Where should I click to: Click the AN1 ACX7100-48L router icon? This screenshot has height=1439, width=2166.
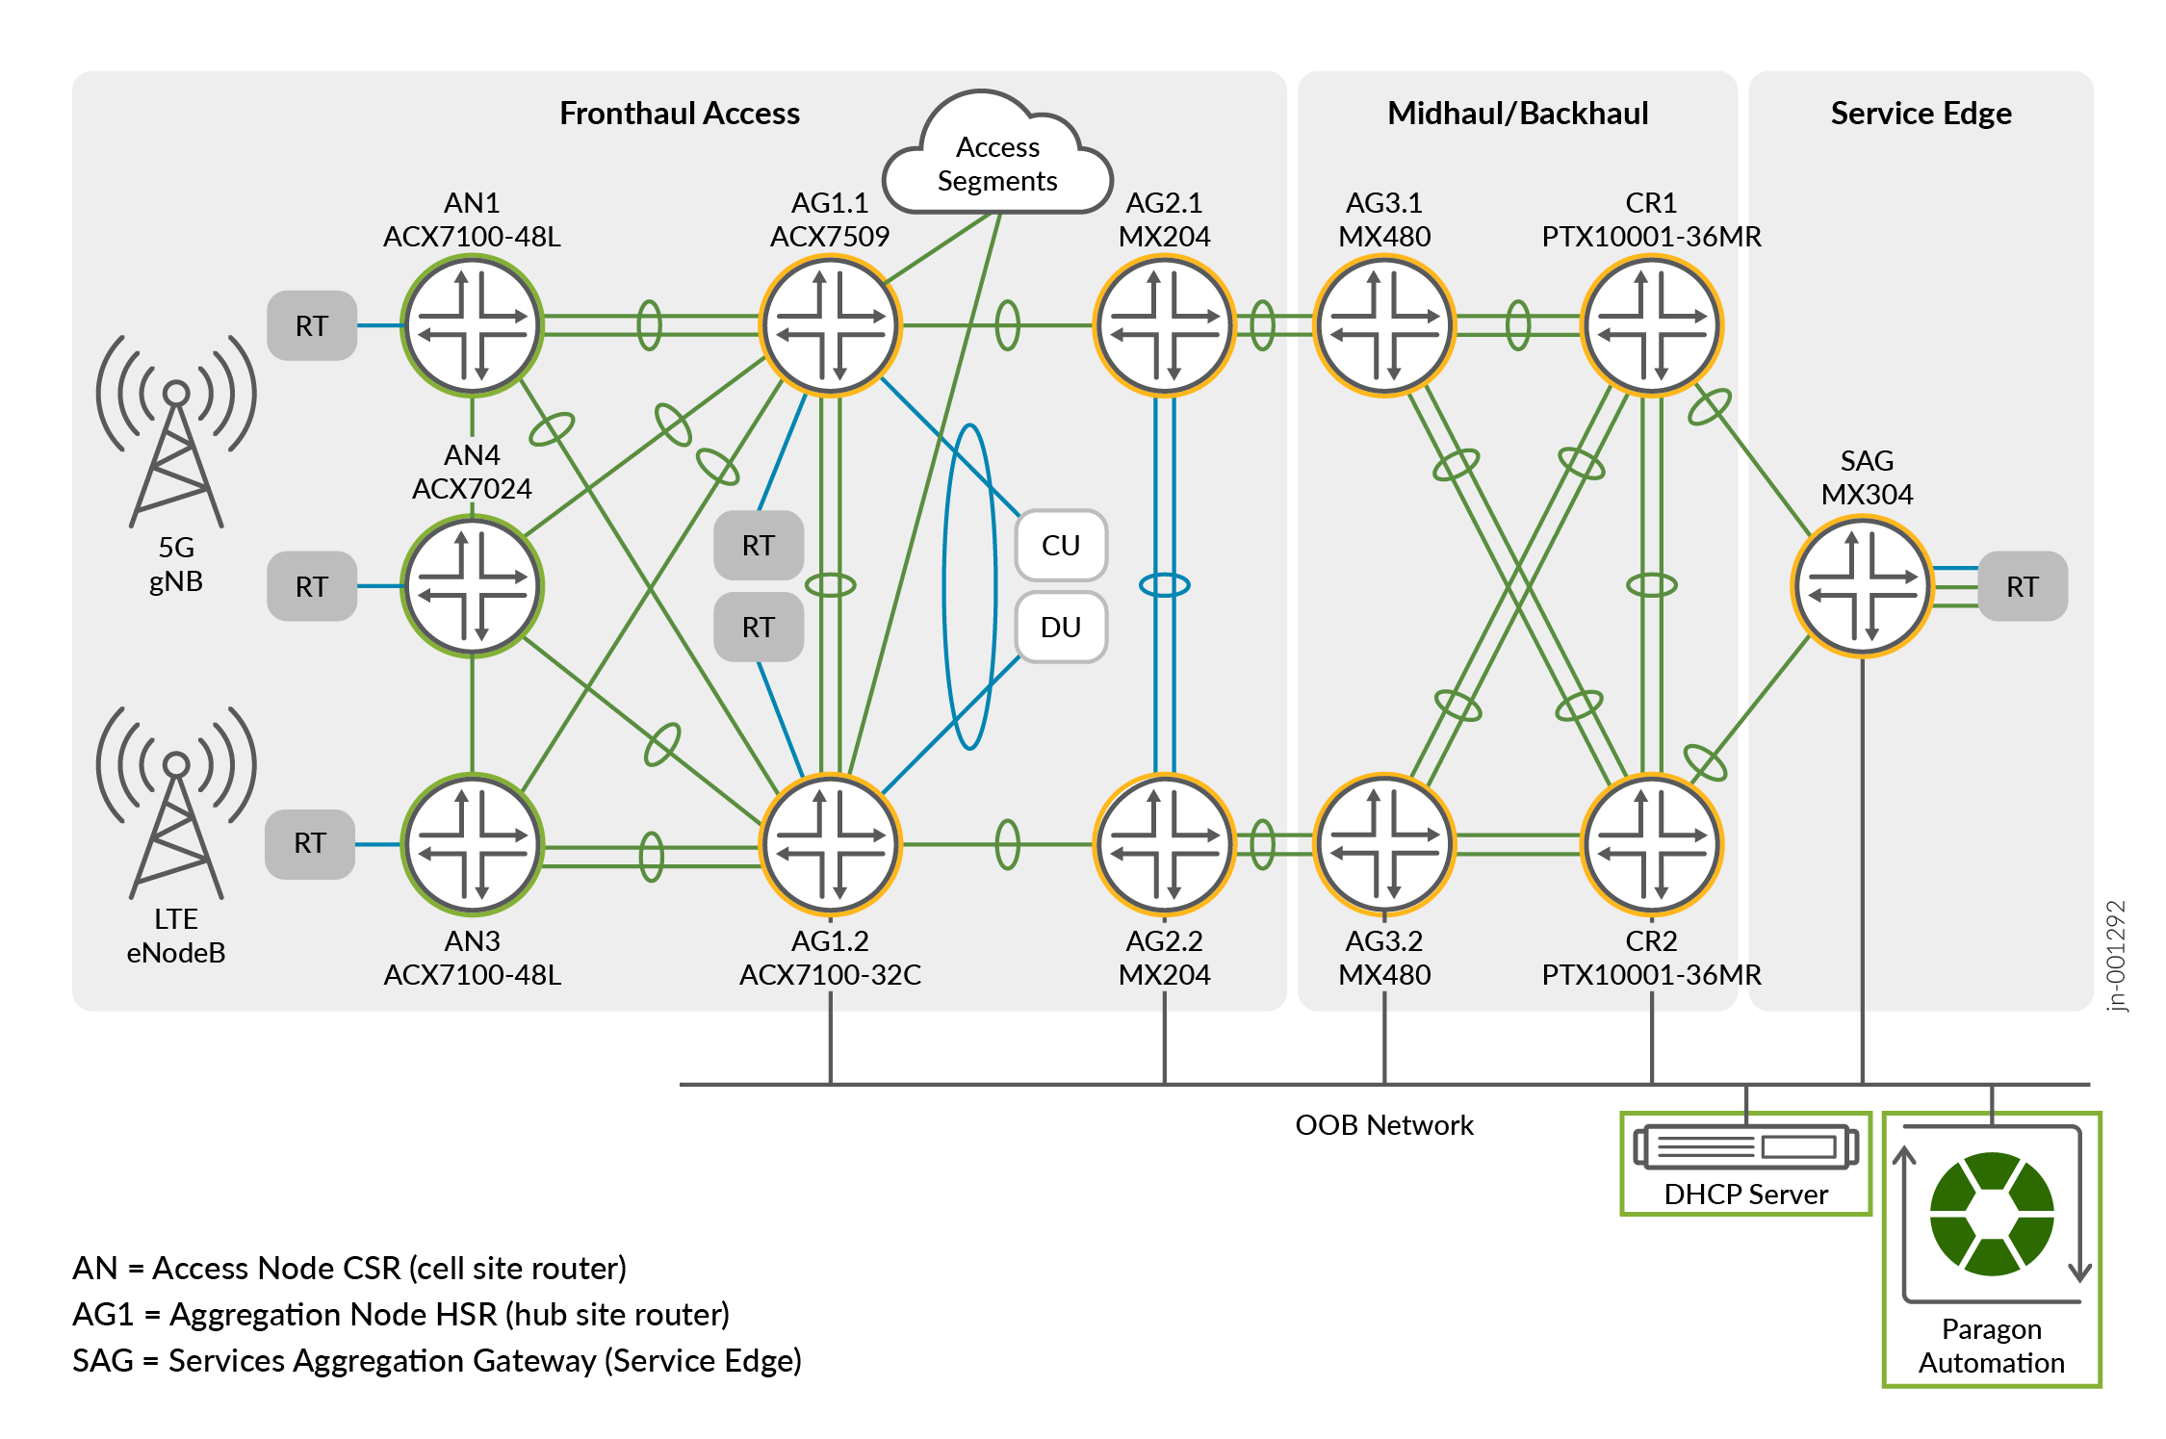(x=472, y=325)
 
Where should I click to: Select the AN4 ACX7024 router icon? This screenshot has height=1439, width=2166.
(x=472, y=585)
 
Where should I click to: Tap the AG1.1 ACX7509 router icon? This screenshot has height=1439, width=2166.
(x=830, y=325)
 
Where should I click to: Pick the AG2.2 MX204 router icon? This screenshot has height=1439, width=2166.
(x=1164, y=844)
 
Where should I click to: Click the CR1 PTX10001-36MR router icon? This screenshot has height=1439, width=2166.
(x=1652, y=325)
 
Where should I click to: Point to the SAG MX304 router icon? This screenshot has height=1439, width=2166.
(x=1863, y=585)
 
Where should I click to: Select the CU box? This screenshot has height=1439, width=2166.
(x=1061, y=545)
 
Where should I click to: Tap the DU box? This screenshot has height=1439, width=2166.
(x=1061, y=627)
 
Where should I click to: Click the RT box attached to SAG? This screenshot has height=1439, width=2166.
(x=2023, y=586)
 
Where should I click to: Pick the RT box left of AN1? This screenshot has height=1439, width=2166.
(x=312, y=325)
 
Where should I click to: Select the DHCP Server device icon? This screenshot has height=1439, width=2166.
(x=1745, y=1147)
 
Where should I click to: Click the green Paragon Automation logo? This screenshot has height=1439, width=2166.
(x=1992, y=1214)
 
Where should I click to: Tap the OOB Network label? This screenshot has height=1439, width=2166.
(x=1383, y=1125)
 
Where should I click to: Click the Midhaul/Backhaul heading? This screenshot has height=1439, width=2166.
(x=1517, y=114)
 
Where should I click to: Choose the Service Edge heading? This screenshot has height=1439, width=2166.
(x=1921, y=114)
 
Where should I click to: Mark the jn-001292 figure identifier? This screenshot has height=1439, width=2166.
(x=2115, y=956)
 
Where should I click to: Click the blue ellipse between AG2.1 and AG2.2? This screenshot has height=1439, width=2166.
(x=1164, y=584)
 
